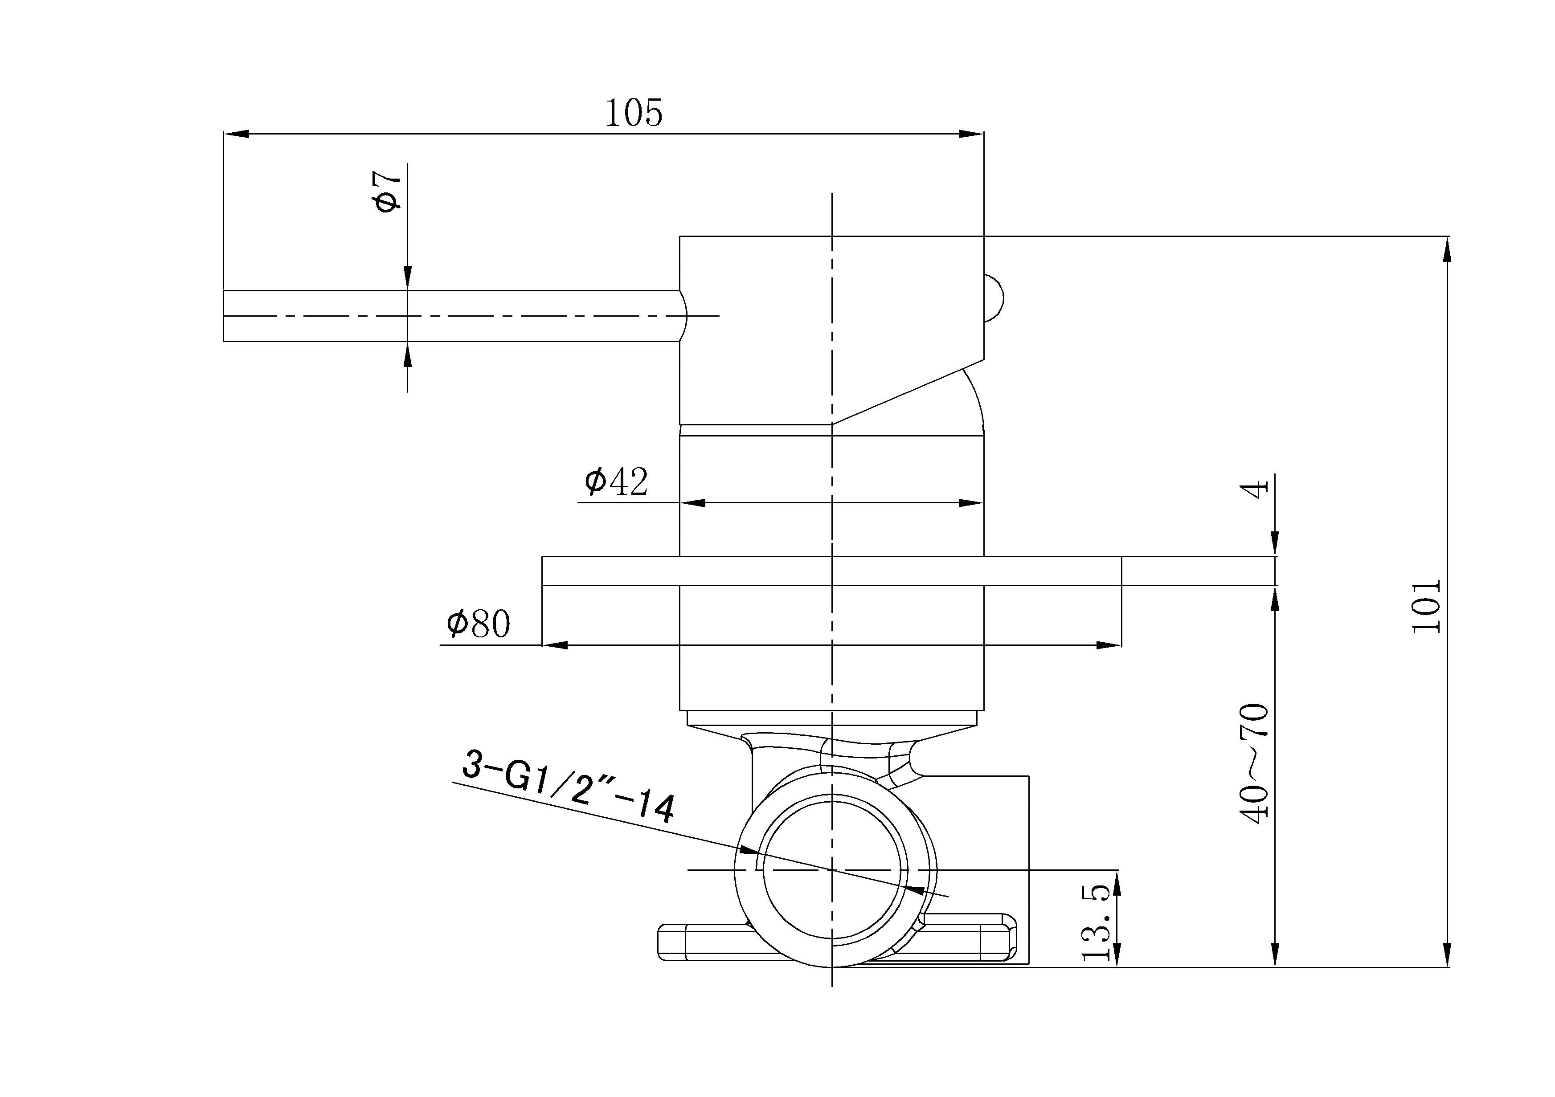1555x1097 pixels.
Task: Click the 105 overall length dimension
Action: pos(633,113)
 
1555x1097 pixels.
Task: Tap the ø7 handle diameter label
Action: pos(388,191)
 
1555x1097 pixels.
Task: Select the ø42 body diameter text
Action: pos(616,481)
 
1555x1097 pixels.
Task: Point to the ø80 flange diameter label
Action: pos(478,623)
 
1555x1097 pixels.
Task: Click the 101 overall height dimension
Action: pos(1426,606)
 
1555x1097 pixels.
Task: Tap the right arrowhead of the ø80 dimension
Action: pos(1109,644)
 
